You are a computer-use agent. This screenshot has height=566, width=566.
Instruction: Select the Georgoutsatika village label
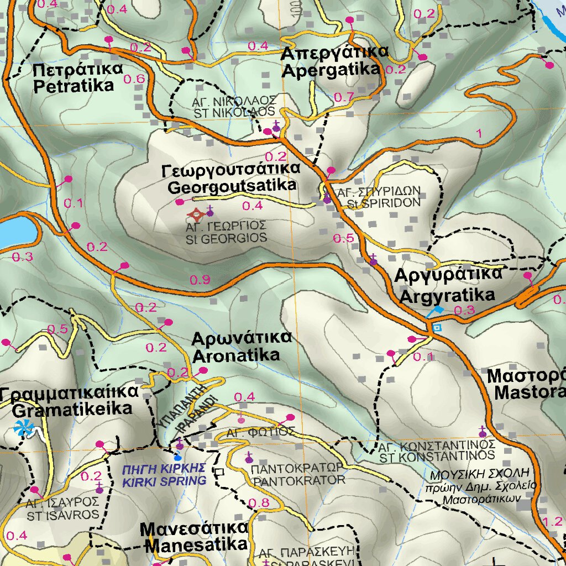click(232, 178)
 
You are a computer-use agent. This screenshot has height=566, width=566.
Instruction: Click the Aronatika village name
click(236, 347)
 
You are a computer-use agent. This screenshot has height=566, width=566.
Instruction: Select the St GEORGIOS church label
click(227, 233)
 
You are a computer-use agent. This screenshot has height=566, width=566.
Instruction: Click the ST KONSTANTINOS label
click(436, 451)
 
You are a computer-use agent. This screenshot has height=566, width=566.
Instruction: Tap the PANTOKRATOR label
click(298, 474)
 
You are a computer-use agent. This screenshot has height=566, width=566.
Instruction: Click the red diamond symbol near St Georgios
click(196, 213)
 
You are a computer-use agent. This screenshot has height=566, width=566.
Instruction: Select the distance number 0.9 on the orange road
click(200, 280)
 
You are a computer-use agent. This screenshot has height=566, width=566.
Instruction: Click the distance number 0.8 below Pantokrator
click(259, 503)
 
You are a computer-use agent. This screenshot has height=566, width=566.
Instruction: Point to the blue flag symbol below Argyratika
click(436, 311)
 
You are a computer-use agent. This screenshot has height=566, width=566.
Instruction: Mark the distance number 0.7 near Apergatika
click(344, 98)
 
